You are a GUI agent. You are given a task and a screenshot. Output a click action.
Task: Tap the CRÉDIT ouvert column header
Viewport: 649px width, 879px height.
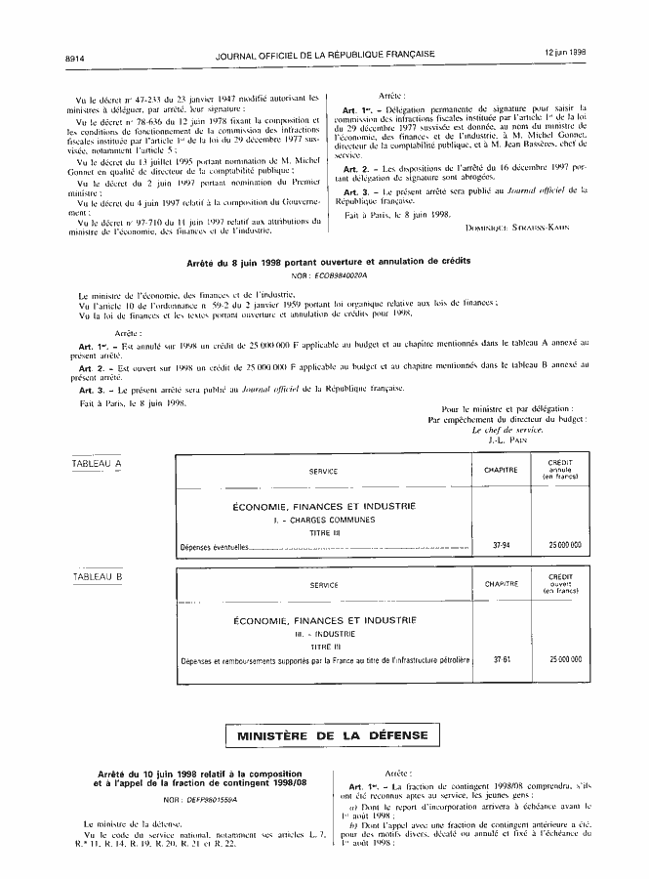click(x=560, y=584)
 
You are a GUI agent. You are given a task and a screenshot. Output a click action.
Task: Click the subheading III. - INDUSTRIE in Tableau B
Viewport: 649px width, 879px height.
click(x=323, y=634)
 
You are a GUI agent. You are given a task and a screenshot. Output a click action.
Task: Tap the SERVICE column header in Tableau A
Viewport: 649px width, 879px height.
click(x=323, y=471)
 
